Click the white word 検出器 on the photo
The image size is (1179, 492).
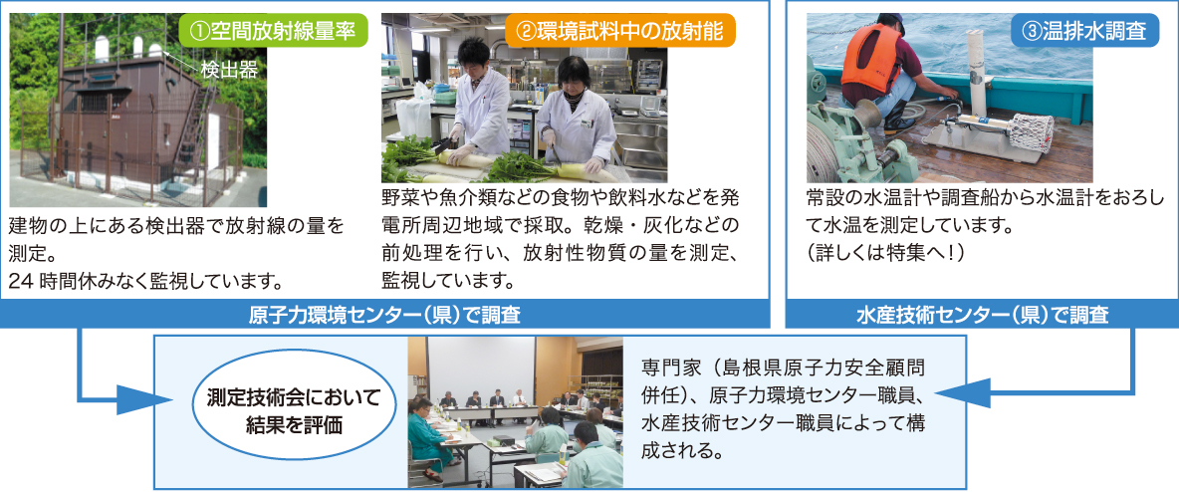click(229, 70)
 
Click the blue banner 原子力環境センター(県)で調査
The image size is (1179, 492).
click(384, 315)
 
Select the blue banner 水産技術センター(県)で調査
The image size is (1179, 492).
click(982, 315)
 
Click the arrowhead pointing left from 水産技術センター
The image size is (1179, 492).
click(960, 392)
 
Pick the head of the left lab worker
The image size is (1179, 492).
click(474, 53)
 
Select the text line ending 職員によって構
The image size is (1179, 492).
click(783, 423)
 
